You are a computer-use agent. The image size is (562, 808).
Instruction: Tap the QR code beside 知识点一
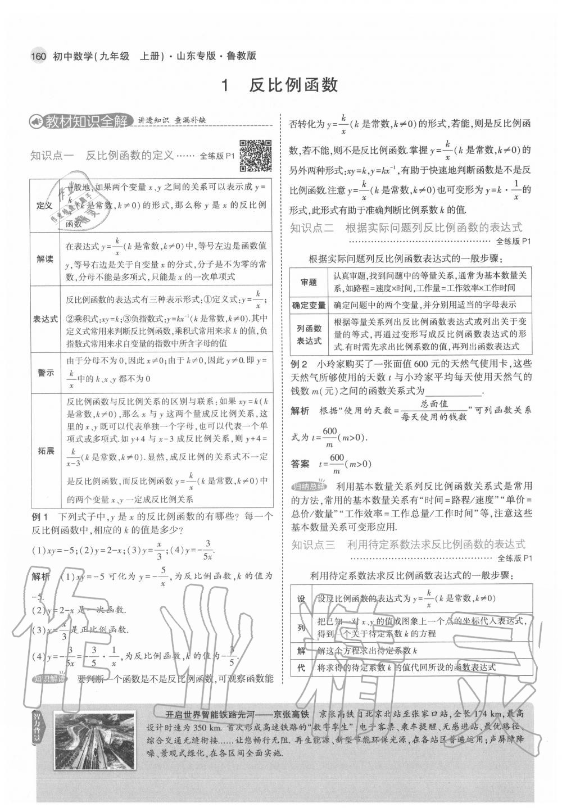[256, 156]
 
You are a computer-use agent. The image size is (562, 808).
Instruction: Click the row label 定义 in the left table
[44, 205]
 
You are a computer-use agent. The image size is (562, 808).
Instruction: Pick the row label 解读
[45, 259]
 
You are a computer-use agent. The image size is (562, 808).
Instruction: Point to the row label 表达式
[45, 319]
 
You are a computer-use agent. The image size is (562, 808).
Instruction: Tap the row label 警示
[45, 373]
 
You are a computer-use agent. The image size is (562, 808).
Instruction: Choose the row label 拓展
[46, 451]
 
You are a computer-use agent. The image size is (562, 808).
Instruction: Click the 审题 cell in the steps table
[309, 282]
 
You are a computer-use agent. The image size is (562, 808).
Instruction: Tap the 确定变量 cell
[309, 305]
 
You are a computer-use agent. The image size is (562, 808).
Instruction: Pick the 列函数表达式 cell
[309, 334]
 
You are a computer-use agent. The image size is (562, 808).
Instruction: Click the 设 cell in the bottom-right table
[301, 599]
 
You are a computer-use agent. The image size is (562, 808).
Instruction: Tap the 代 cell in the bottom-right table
[301, 668]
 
